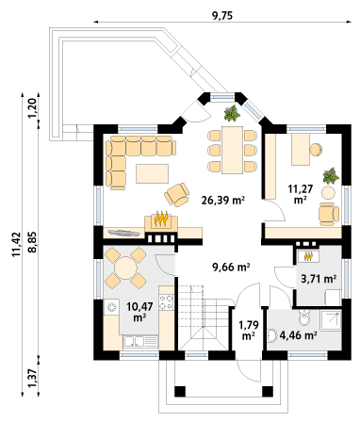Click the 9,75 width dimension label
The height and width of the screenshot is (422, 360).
coord(222,16)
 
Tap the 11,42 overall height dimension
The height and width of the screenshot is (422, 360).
coord(16,245)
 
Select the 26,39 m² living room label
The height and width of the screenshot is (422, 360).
coord(223,200)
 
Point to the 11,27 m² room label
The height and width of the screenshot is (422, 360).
coord(301,194)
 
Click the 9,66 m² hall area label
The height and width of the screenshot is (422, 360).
coord(231,268)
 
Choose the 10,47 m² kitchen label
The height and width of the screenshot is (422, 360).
coord(139,312)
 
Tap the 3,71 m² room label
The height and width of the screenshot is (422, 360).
coord(319,279)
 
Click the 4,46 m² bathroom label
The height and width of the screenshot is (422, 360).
coord(298,335)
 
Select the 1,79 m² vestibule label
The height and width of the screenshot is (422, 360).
coord(249,330)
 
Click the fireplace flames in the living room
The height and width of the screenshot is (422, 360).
coord(161,219)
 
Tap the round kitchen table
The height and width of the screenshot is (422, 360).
coord(125,268)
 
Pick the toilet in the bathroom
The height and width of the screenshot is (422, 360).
coord(304,317)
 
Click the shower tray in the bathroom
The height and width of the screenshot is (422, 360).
coord(331,320)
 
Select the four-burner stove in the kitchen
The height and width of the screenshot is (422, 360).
coord(167,301)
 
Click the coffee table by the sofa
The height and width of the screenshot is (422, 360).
coord(152,173)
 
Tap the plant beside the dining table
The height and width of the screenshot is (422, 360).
coord(232,113)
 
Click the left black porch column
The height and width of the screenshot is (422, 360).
coord(180,391)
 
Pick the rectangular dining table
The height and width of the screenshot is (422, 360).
coord(233,150)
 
